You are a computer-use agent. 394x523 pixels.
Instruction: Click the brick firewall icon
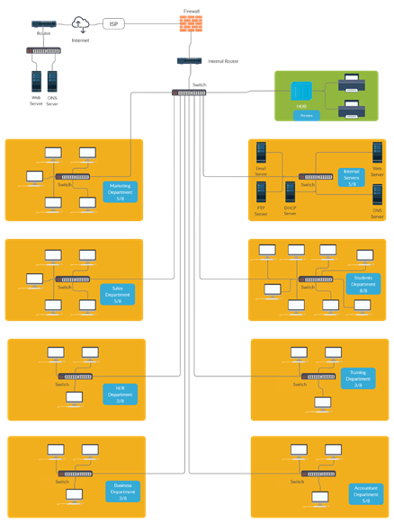(x=191, y=24)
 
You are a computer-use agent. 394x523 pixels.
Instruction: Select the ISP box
(x=114, y=24)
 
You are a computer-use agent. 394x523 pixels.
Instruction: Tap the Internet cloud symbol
(x=81, y=25)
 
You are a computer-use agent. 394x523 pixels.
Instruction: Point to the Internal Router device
(x=189, y=61)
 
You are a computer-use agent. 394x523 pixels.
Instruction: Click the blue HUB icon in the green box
(x=301, y=93)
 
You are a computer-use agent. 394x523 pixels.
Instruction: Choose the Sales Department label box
(x=117, y=294)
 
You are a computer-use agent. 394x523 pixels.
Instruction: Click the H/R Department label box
(x=120, y=394)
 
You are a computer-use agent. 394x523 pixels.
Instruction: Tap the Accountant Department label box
(x=365, y=493)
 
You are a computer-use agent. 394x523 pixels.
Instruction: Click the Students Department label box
(x=363, y=284)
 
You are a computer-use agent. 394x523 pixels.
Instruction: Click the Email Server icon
(x=262, y=152)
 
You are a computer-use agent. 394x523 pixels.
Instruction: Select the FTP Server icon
(x=262, y=192)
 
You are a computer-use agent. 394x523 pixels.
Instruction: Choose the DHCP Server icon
(x=291, y=192)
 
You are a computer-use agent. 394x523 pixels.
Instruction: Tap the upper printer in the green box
(x=349, y=84)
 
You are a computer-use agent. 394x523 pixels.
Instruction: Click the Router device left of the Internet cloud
(x=43, y=23)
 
